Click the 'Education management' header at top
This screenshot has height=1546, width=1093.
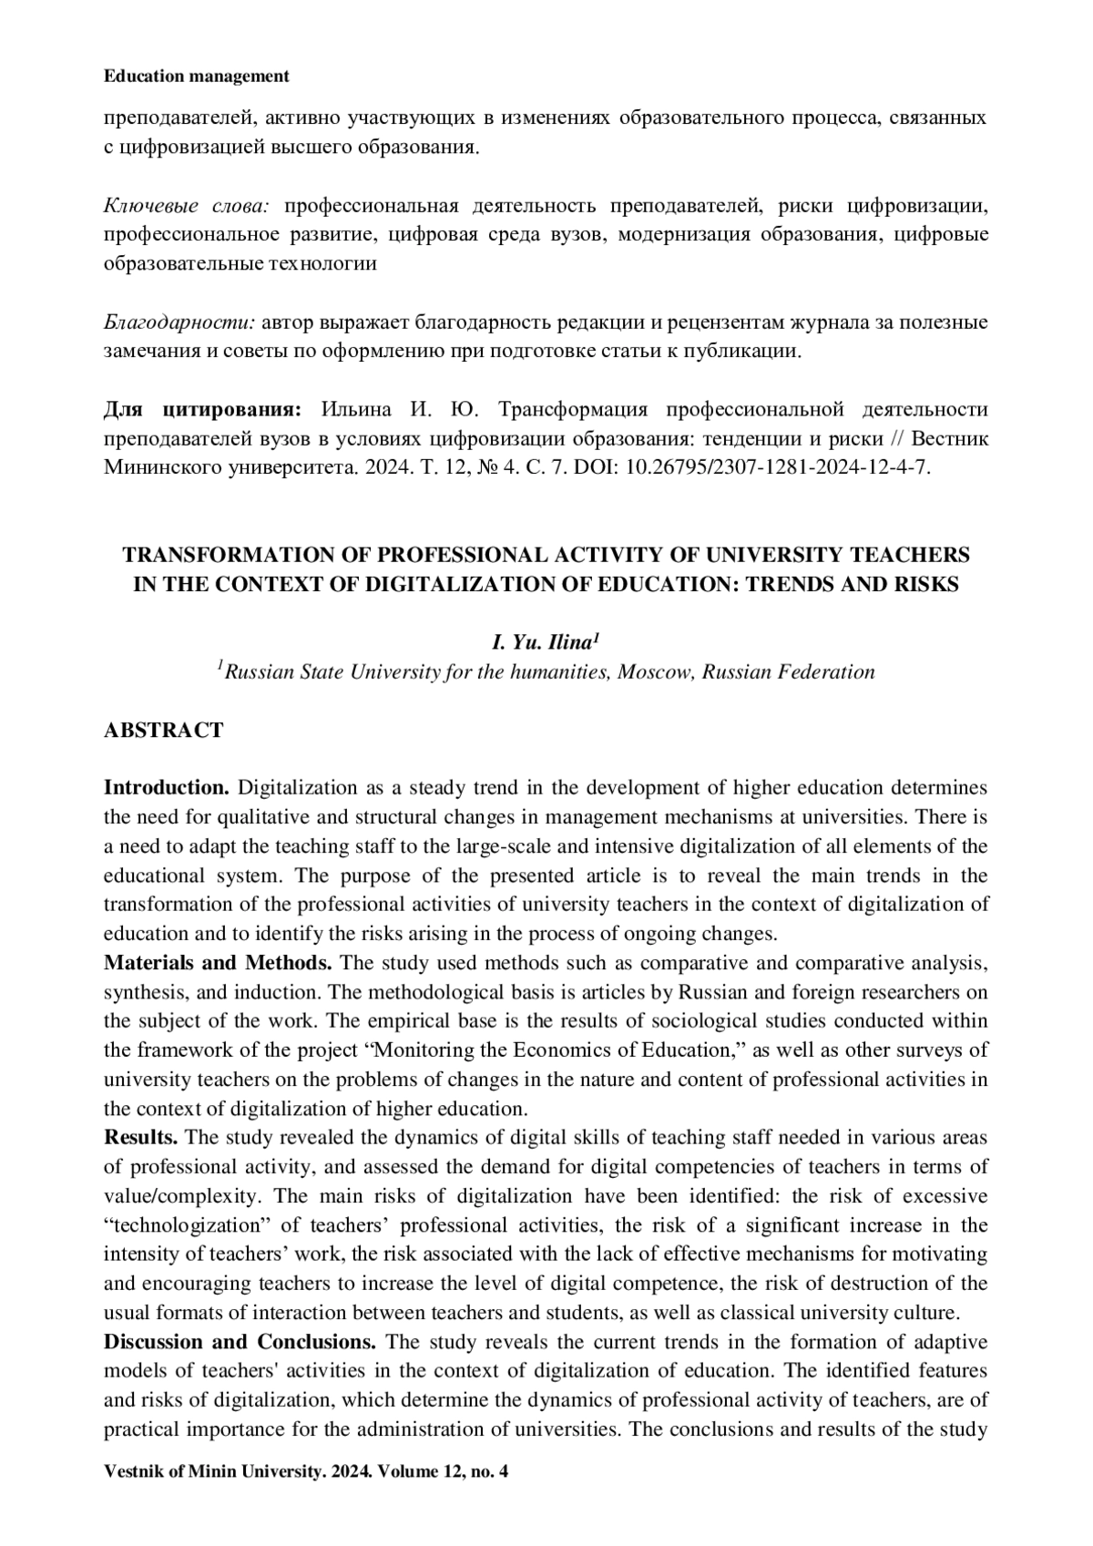[197, 77]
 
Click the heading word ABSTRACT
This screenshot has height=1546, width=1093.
[163, 730]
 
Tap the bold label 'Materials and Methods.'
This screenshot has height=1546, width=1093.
[218, 962]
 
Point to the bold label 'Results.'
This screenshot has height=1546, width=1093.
[141, 1137]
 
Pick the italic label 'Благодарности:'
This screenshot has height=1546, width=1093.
[179, 323]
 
